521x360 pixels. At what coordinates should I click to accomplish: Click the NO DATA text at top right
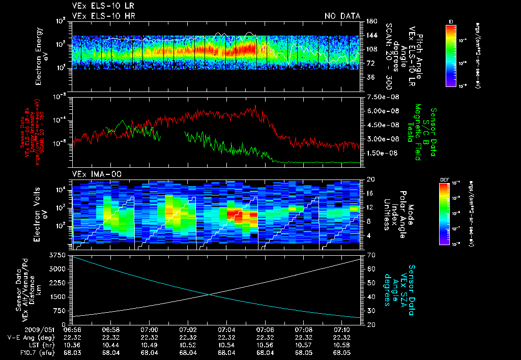pyautogui.click(x=342, y=16)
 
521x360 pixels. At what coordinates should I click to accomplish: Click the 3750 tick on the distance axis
pyautogui.click(x=59, y=255)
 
